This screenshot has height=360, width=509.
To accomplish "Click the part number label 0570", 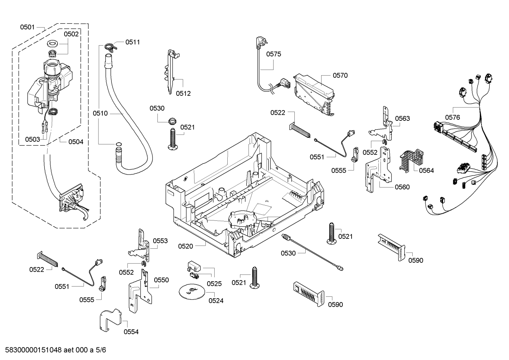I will tap(340, 75).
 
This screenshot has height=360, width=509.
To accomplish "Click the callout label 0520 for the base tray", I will tap(185, 246).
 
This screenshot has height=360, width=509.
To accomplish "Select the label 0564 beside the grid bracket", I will tap(426, 170).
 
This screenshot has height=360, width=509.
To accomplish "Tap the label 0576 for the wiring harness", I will tap(453, 117).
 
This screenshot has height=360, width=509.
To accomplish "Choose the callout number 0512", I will tap(183, 93).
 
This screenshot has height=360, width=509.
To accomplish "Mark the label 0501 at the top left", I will tap(27, 27).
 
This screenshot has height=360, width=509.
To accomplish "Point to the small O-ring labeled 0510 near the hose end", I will tap(119, 144).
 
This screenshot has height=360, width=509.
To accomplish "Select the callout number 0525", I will tap(214, 283).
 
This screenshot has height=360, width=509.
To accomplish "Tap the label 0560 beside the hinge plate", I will tap(402, 187).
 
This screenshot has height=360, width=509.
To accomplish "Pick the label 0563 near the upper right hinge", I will tap(402, 118).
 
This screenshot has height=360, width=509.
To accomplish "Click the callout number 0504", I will tap(76, 142).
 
